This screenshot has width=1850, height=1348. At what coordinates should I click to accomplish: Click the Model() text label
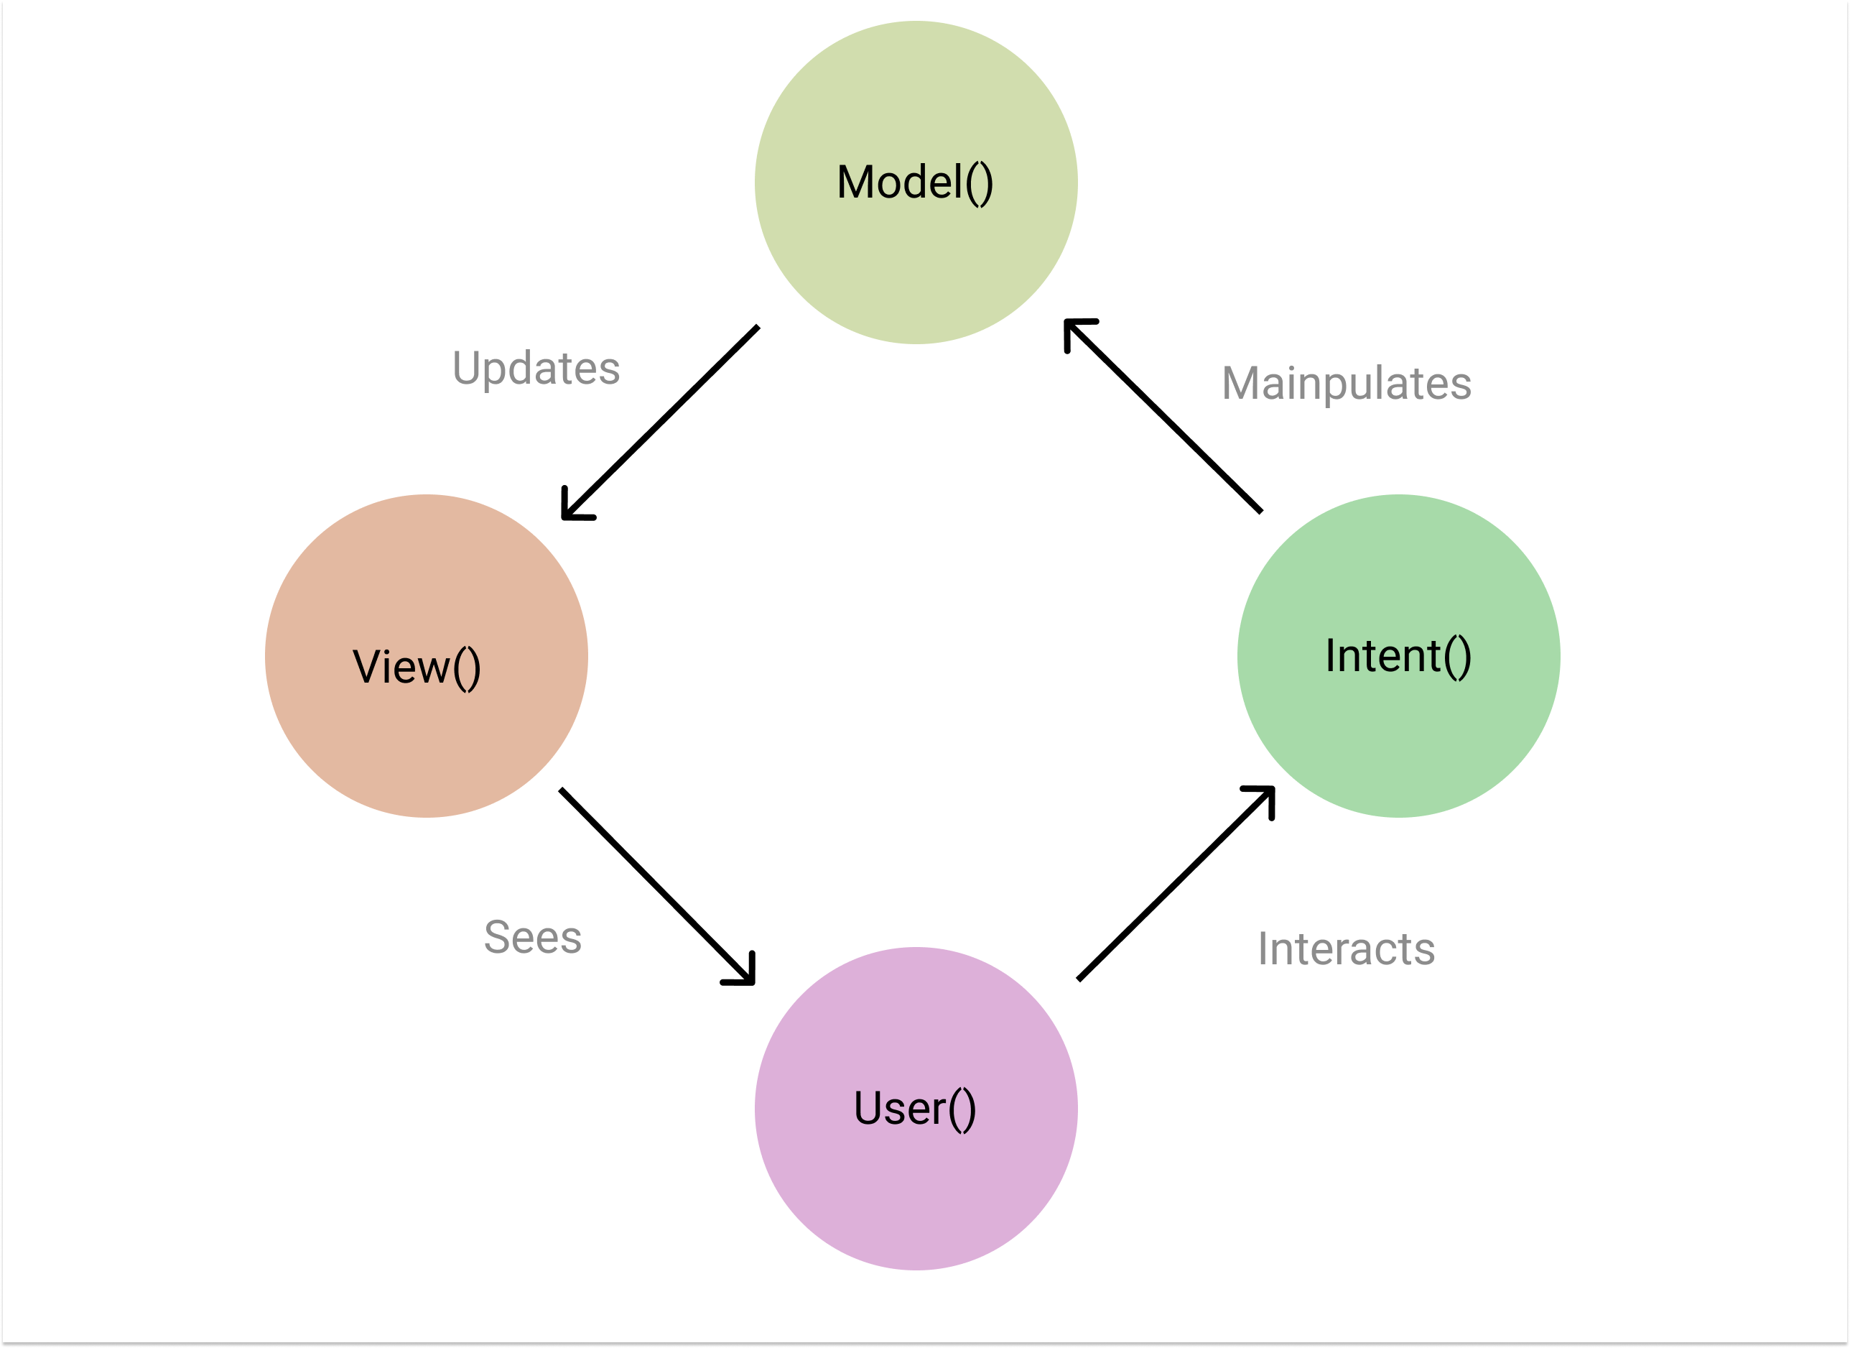coord(914,182)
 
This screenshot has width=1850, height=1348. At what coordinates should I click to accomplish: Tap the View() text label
coord(416,667)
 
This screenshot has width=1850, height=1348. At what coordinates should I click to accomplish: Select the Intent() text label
coord(1398,655)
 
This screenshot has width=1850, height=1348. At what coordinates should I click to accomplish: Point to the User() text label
coord(914,1108)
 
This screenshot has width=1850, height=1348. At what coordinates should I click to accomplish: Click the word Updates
coord(536,369)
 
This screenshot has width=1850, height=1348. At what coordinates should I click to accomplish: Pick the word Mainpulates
coord(1346,384)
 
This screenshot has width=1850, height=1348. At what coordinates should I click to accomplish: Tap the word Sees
coord(533,937)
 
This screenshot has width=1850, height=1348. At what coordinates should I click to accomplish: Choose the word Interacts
coord(1346,949)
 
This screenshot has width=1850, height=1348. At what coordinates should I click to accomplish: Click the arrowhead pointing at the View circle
coord(571,509)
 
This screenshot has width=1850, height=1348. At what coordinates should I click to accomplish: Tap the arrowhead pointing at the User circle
coord(745,974)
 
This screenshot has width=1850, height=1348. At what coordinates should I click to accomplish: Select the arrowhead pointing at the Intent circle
coord(1264,796)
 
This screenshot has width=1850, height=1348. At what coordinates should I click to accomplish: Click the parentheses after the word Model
coord(979,184)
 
